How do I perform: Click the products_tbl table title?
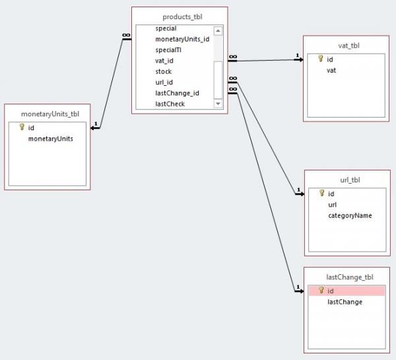(182, 17)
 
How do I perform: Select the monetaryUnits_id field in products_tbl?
(182, 39)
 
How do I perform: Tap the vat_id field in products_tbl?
(164, 61)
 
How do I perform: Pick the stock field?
(164, 71)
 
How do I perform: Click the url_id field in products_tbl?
(164, 83)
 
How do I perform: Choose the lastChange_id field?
(178, 93)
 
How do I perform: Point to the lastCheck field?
(170, 104)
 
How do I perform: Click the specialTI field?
(168, 50)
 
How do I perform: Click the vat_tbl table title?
(348, 46)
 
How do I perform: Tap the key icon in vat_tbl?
(321, 59)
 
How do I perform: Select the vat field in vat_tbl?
(331, 70)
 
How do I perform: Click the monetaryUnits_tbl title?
(50, 114)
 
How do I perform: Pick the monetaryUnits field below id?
(51, 139)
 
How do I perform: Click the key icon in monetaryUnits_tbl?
(22, 127)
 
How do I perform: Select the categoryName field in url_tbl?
(350, 215)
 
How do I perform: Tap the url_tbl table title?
(350, 180)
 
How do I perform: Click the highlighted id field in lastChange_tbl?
(347, 291)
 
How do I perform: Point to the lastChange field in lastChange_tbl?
(345, 302)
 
